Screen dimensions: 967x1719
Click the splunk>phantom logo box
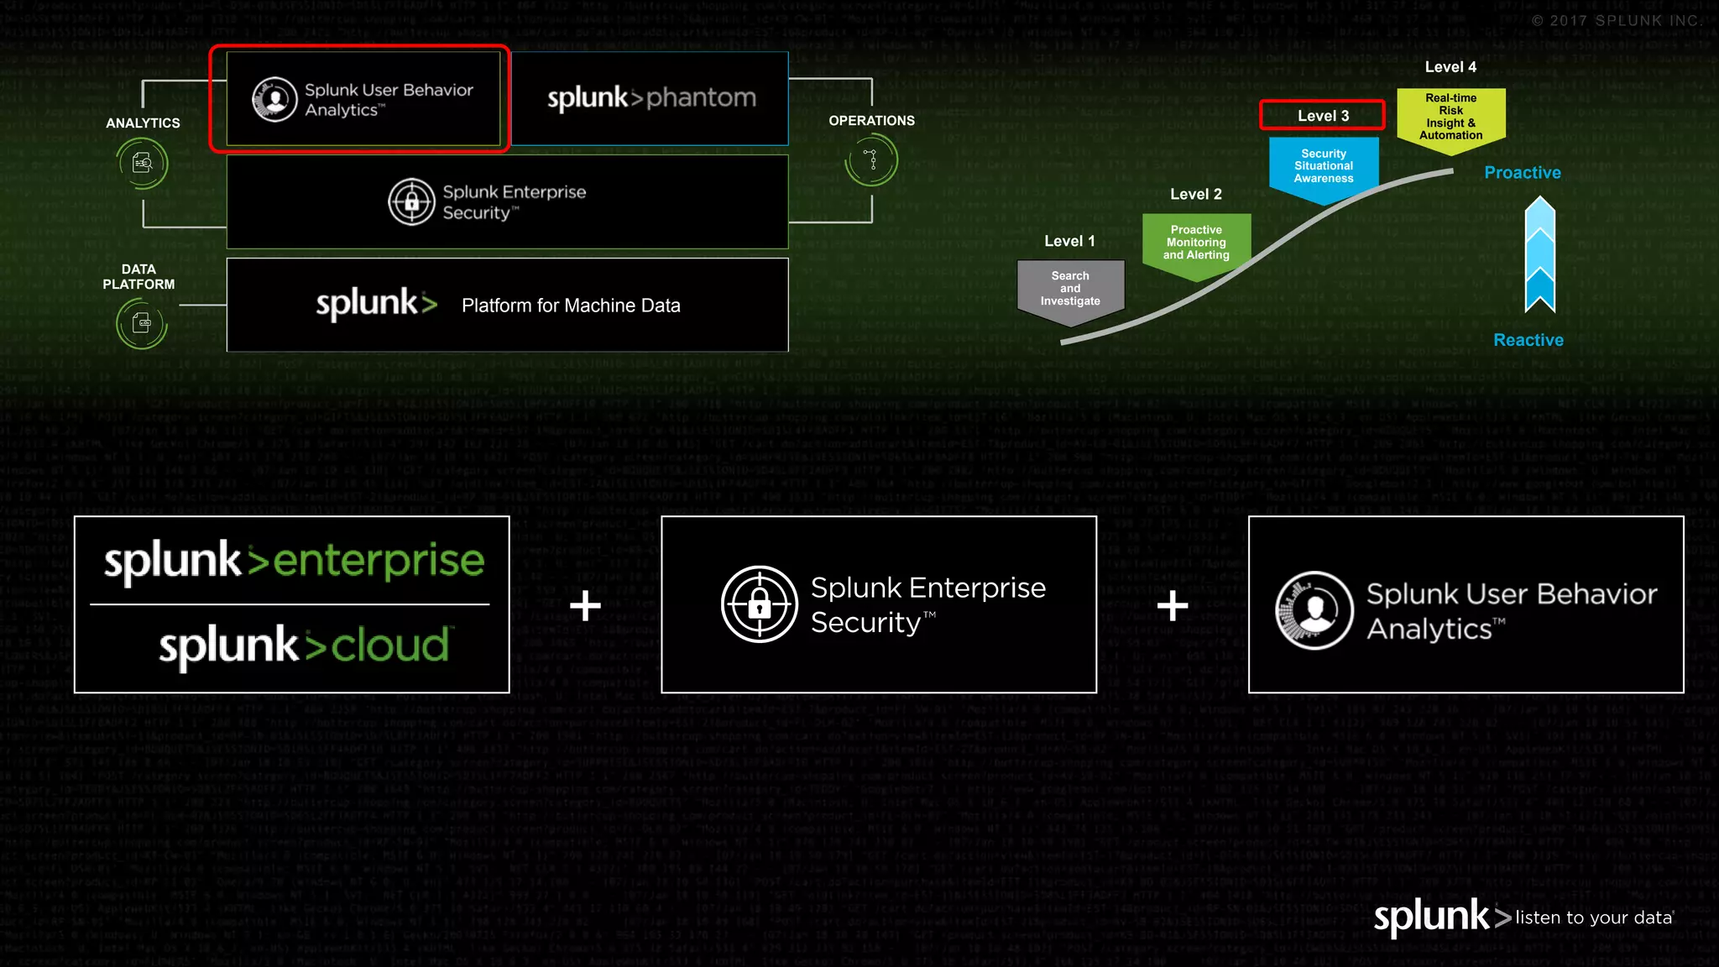651,98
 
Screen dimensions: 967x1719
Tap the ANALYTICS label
143,123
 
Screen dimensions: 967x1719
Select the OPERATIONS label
871,121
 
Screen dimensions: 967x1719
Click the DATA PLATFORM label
138,277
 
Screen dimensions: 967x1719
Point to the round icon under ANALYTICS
143,163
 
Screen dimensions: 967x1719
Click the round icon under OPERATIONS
872,159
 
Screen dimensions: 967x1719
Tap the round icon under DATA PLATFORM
141,323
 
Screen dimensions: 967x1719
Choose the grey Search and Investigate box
1070,290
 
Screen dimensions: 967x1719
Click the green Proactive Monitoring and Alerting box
1196,243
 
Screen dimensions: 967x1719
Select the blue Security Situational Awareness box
1324,167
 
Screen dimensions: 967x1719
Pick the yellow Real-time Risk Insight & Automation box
1450,118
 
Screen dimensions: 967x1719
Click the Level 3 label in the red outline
1323,116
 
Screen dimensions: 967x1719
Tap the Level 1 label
1069,241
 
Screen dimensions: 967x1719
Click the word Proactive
1522,173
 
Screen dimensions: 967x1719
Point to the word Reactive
1528,340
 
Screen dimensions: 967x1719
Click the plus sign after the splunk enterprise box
585,605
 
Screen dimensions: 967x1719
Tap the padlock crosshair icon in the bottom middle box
759,604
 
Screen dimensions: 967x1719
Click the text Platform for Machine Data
571,306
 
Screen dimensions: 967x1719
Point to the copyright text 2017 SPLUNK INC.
1616,21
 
